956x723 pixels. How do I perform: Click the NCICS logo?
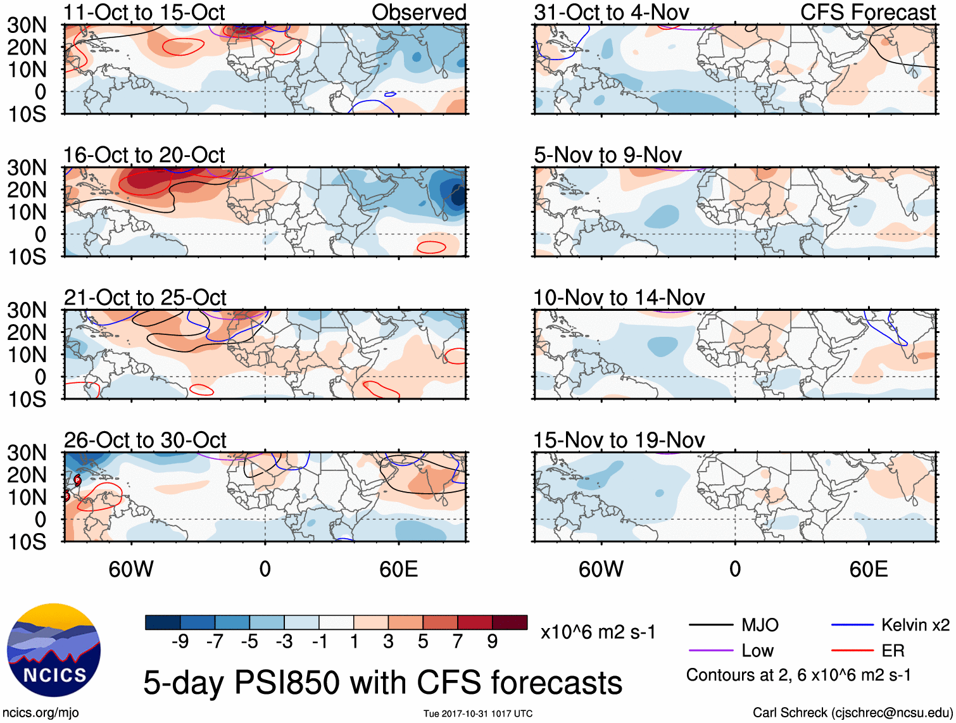click(53, 650)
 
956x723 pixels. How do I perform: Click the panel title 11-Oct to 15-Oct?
click(144, 12)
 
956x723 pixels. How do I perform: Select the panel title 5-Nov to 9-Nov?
click(608, 155)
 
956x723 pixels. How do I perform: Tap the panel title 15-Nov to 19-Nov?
click(619, 440)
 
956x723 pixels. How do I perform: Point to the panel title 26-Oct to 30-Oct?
click(145, 440)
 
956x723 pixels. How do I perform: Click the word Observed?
click(418, 12)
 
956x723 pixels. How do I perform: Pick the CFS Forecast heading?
click(867, 12)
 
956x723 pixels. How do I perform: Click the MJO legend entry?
click(760, 626)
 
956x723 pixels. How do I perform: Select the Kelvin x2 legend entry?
click(915, 626)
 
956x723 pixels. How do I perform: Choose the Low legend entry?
click(757, 651)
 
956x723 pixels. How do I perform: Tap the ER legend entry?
click(893, 651)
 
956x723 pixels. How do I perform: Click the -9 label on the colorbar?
click(180, 642)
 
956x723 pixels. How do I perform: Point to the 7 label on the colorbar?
click(458, 642)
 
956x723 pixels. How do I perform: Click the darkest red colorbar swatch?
click(510, 622)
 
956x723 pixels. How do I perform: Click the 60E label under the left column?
click(398, 569)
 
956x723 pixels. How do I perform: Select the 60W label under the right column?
click(601, 569)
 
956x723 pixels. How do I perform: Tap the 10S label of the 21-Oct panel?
click(27, 399)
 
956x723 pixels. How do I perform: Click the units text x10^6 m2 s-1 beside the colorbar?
click(598, 632)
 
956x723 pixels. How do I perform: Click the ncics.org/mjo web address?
click(41, 713)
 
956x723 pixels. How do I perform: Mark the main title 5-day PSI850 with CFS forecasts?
click(382, 683)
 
